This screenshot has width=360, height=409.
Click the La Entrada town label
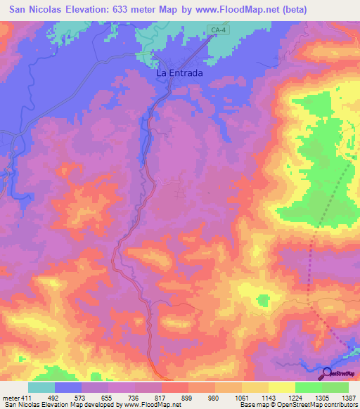pos(179,73)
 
